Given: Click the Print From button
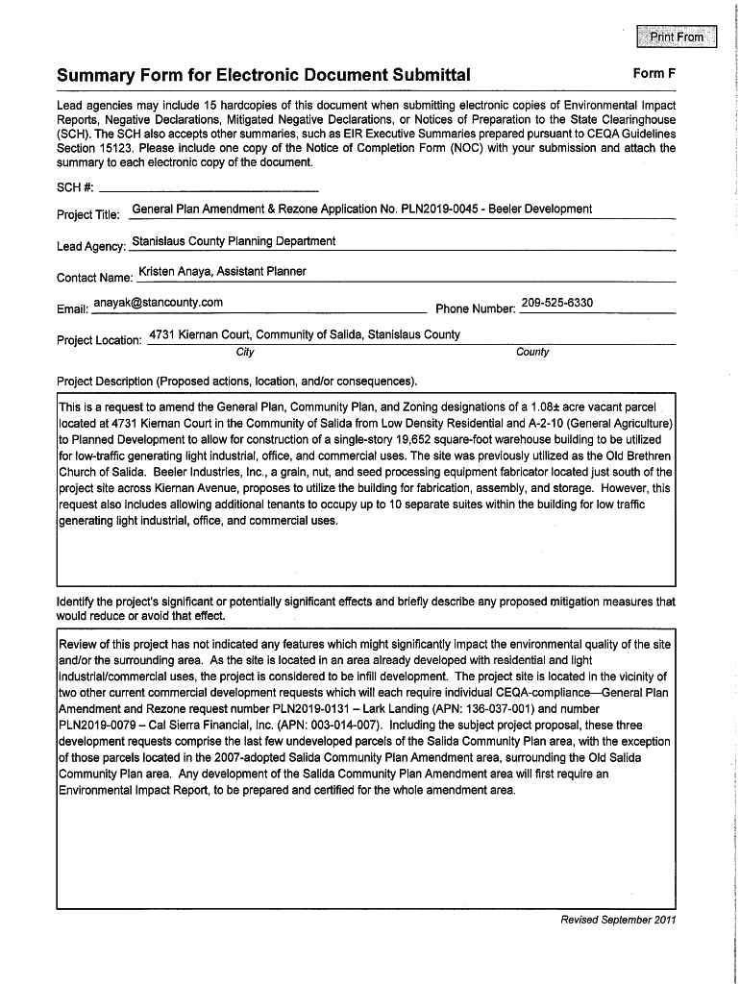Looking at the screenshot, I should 678,37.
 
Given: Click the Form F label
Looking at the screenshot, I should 654,74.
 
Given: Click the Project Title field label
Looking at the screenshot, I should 88,215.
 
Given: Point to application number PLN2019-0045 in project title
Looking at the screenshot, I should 437,209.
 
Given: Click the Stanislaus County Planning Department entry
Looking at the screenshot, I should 234,241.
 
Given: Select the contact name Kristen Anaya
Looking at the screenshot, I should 175,272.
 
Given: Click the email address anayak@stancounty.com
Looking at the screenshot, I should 158,303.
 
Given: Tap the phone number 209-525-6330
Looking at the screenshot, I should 556,303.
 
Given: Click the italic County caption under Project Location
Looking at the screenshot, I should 532,353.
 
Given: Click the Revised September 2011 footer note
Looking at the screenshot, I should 618,920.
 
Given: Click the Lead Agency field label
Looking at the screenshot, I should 91,247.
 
